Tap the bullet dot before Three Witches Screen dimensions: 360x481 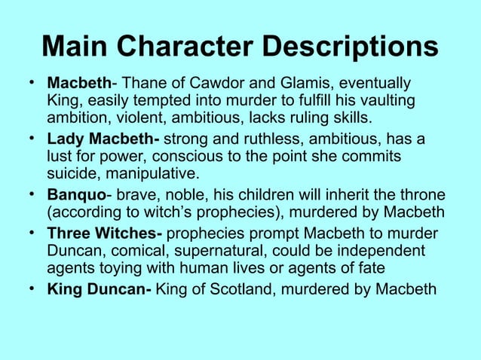31,231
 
